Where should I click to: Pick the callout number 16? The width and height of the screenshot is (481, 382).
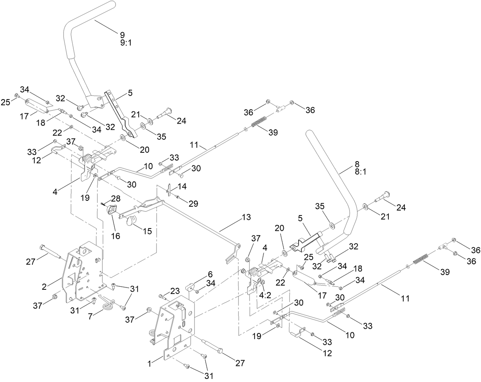(115, 236)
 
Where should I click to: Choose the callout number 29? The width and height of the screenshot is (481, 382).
(193, 204)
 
